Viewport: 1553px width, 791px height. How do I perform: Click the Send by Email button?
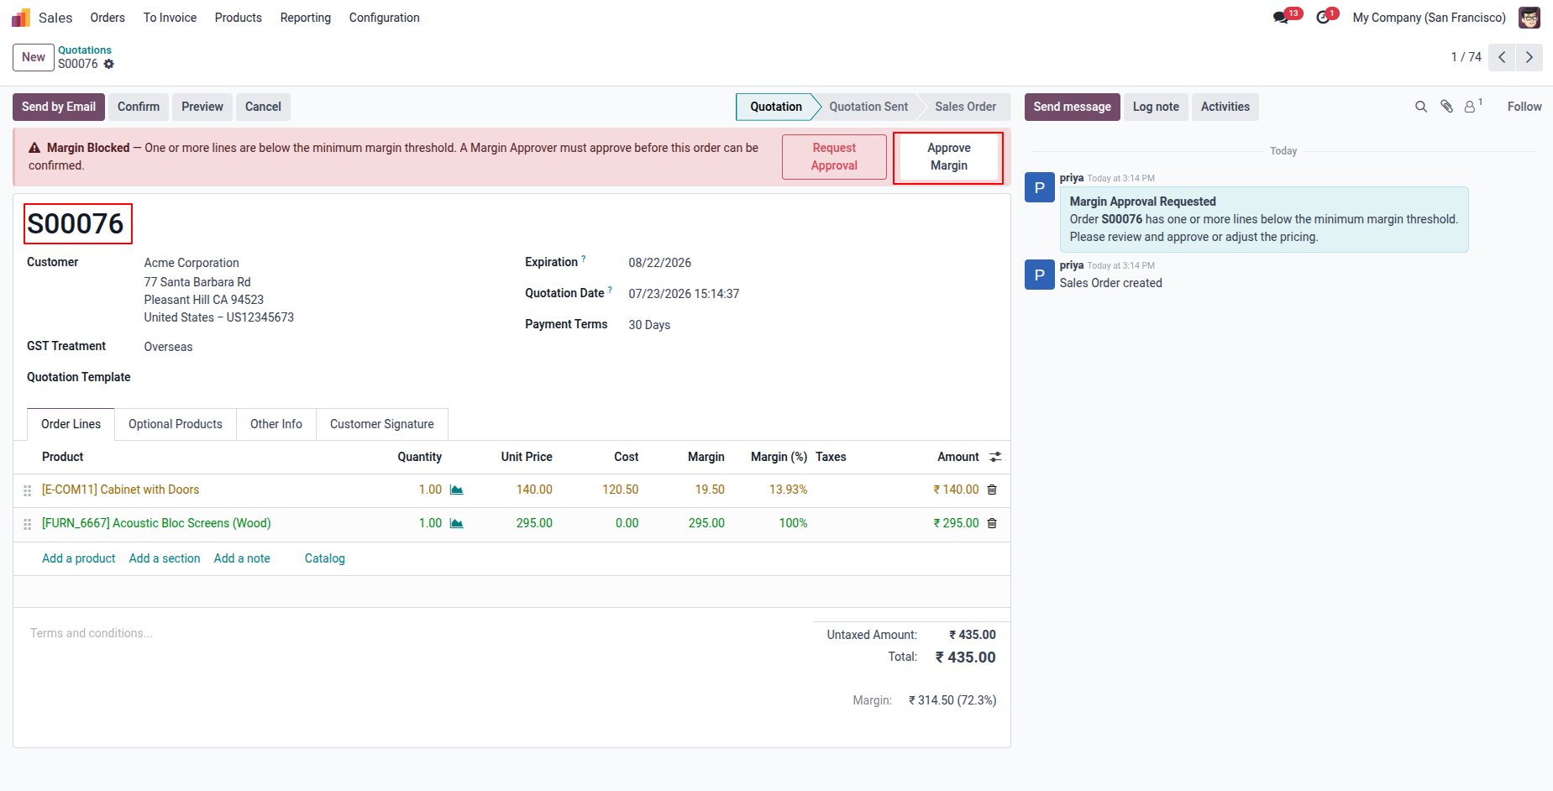pyautogui.click(x=59, y=107)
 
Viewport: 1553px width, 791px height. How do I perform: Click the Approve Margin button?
pyautogui.click(x=948, y=157)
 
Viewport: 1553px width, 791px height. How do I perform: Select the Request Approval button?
pyautogui.click(x=834, y=157)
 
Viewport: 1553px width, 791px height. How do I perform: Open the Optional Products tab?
pyautogui.click(x=176, y=424)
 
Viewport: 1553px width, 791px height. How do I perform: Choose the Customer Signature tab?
pyautogui.click(x=382, y=424)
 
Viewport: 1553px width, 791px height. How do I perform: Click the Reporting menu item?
pyautogui.click(x=306, y=18)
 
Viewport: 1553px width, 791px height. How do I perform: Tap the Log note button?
pyautogui.click(x=1156, y=107)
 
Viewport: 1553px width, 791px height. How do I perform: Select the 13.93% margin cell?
pyautogui.click(x=788, y=490)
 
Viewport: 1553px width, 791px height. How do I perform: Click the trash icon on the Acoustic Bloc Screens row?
pyautogui.click(x=992, y=523)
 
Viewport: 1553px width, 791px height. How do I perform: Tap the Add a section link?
pyautogui.click(x=165, y=558)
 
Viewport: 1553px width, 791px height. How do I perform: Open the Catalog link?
pyautogui.click(x=325, y=558)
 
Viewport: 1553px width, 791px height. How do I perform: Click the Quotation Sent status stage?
pyautogui.click(x=868, y=107)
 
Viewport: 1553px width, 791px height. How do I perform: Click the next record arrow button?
pyautogui.click(x=1529, y=57)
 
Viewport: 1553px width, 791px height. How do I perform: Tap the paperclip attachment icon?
pyautogui.click(x=1446, y=107)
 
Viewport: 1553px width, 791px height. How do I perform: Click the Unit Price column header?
pyautogui.click(x=527, y=457)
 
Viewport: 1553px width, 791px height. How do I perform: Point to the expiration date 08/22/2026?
pyautogui.click(x=660, y=263)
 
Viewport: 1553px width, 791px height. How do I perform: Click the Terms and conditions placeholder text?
pyautogui.click(x=92, y=633)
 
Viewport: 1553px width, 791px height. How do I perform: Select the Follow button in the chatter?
pyautogui.click(x=1524, y=107)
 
